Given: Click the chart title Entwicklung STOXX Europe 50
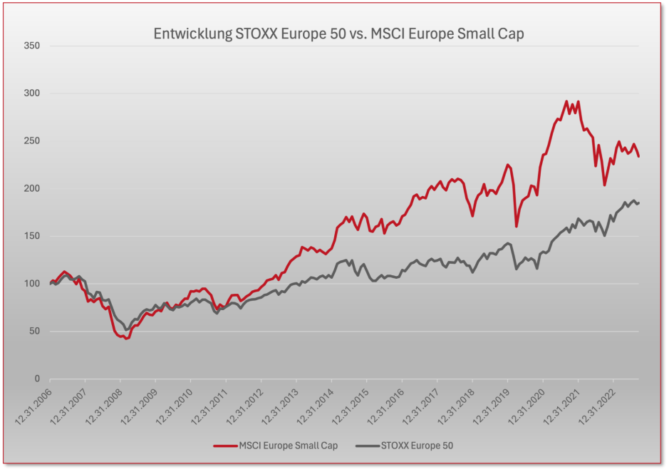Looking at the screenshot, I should point(338,34).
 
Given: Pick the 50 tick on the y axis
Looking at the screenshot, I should point(33,332).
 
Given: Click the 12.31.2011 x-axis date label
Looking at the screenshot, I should point(211,406).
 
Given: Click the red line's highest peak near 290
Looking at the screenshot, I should point(566,101).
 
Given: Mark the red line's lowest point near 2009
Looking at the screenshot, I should point(126,338).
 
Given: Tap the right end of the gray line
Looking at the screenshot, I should point(638,202).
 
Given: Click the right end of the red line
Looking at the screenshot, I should point(638,156).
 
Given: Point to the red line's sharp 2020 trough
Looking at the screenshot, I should point(517,226).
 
